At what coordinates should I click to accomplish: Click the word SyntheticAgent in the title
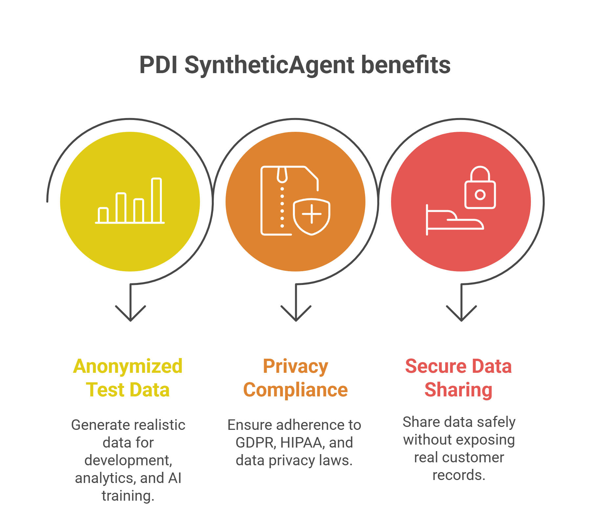(269, 65)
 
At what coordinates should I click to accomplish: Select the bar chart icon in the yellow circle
(130, 201)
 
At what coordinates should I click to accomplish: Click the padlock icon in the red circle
(480, 189)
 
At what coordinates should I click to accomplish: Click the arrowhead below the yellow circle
(130, 315)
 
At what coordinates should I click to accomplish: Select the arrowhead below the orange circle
(296, 315)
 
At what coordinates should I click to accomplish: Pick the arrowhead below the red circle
(461, 315)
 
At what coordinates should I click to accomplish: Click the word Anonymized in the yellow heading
(128, 366)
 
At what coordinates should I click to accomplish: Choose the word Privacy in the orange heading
(295, 366)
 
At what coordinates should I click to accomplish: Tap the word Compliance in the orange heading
(295, 390)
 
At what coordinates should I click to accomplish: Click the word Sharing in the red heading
(458, 390)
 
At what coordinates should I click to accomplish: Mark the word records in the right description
(459, 475)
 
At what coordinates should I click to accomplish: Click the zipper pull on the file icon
(282, 175)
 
